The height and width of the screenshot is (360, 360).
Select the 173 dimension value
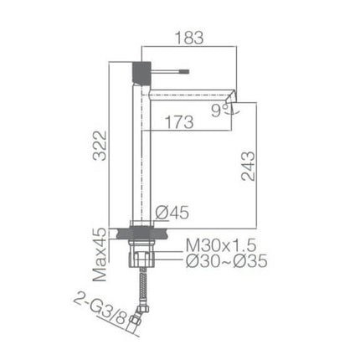pos(178,122)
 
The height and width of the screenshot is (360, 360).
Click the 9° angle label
pos(219,107)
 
